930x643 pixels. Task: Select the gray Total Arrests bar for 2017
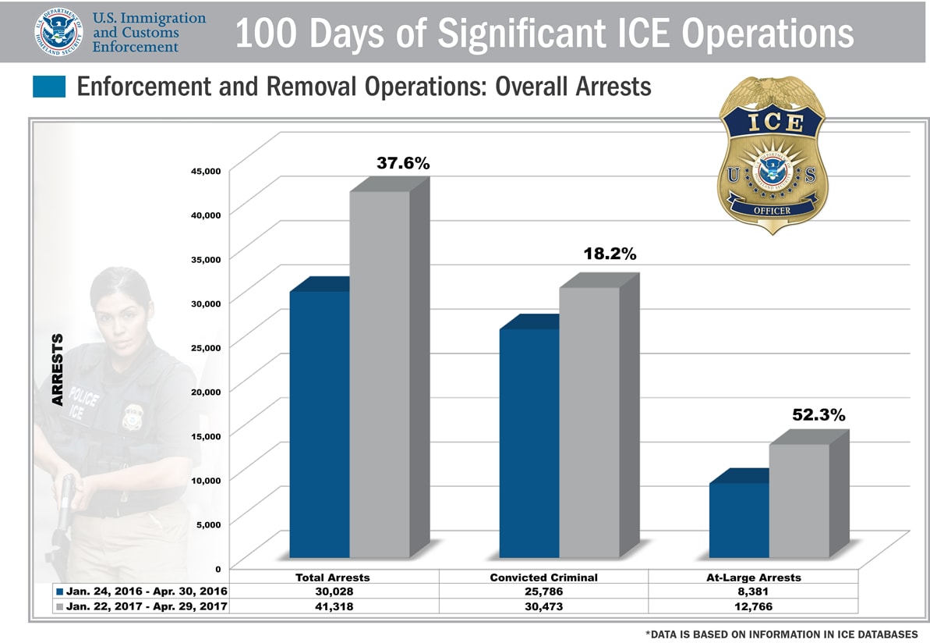pyautogui.click(x=380, y=375)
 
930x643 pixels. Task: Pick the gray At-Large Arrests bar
pyautogui.click(x=799, y=500)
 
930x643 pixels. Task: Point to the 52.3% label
pyautogui.click(x=819, y=416)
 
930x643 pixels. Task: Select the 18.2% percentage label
pyautogui.click(x=610, y=254)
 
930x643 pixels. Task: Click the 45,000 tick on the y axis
pyautogui.click(x=207, y=171)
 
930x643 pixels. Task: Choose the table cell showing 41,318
pyautogui.click(x=333, y=606)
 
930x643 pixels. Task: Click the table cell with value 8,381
pyautogui.click(x=753, y=591)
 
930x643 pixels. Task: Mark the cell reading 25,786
pyautogui.click(x=543, y=591)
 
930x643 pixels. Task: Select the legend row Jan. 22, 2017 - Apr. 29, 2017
pyautogui.click(x=141, y=606)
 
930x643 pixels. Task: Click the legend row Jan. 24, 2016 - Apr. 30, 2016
pyautogui.click(x=141, y=591)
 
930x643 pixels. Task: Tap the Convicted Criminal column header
pyautogui.click(x=543, y=577)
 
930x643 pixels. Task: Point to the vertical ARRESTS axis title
pyautogui.click(x=57, y=370)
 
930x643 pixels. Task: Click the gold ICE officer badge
pyautogui.click(x=772, y=156)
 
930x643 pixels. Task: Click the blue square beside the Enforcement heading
pyautogui.click(x=49, y=87)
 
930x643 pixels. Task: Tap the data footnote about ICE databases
pyautogui.click(x=781, y=634)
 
